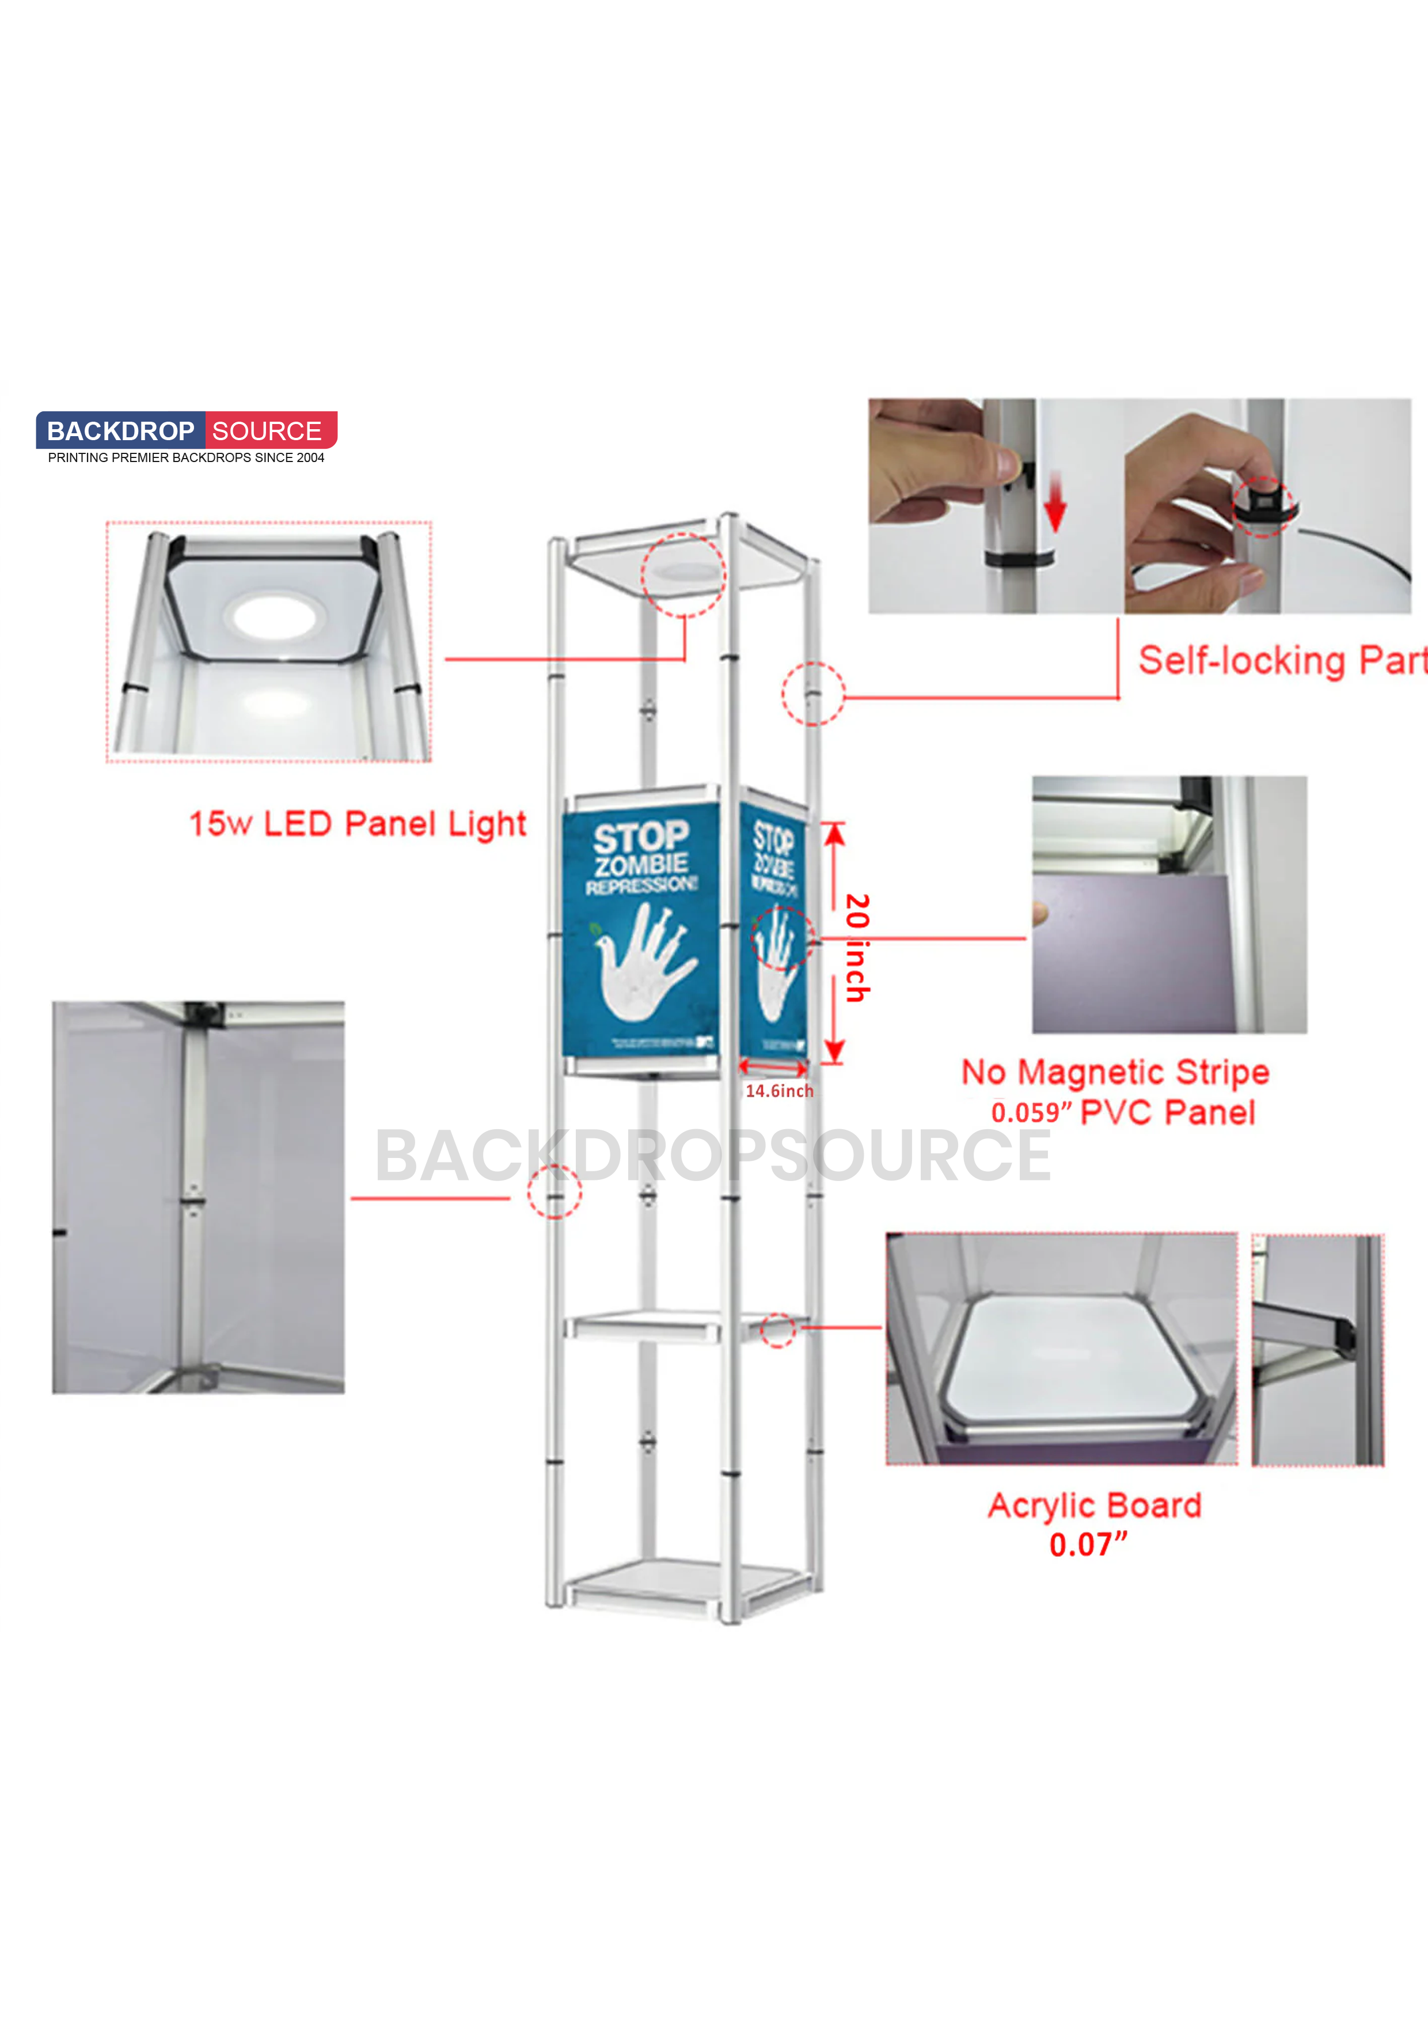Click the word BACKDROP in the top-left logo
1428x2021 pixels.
[x=120, y=432]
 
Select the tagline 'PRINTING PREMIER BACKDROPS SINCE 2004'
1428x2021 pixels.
[x=185, y=457]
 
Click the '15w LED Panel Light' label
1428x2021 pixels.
[x=357, y=824]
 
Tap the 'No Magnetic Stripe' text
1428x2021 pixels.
[x=1115, y=1072]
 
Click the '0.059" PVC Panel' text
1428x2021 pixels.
[x=1123, y=1112]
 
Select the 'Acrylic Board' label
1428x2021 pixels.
[x=1095, y=1505]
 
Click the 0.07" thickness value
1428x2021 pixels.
[x=1088, y=1545]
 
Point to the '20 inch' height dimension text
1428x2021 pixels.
[x=857, y=948]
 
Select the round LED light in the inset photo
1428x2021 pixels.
[x=274, y=617]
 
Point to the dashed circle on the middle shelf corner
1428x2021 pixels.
[x=778, y=1330]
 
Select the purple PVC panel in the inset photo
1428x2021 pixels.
[x=1131, y=955]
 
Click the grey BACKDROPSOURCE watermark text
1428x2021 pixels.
[x=713, y=1156]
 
